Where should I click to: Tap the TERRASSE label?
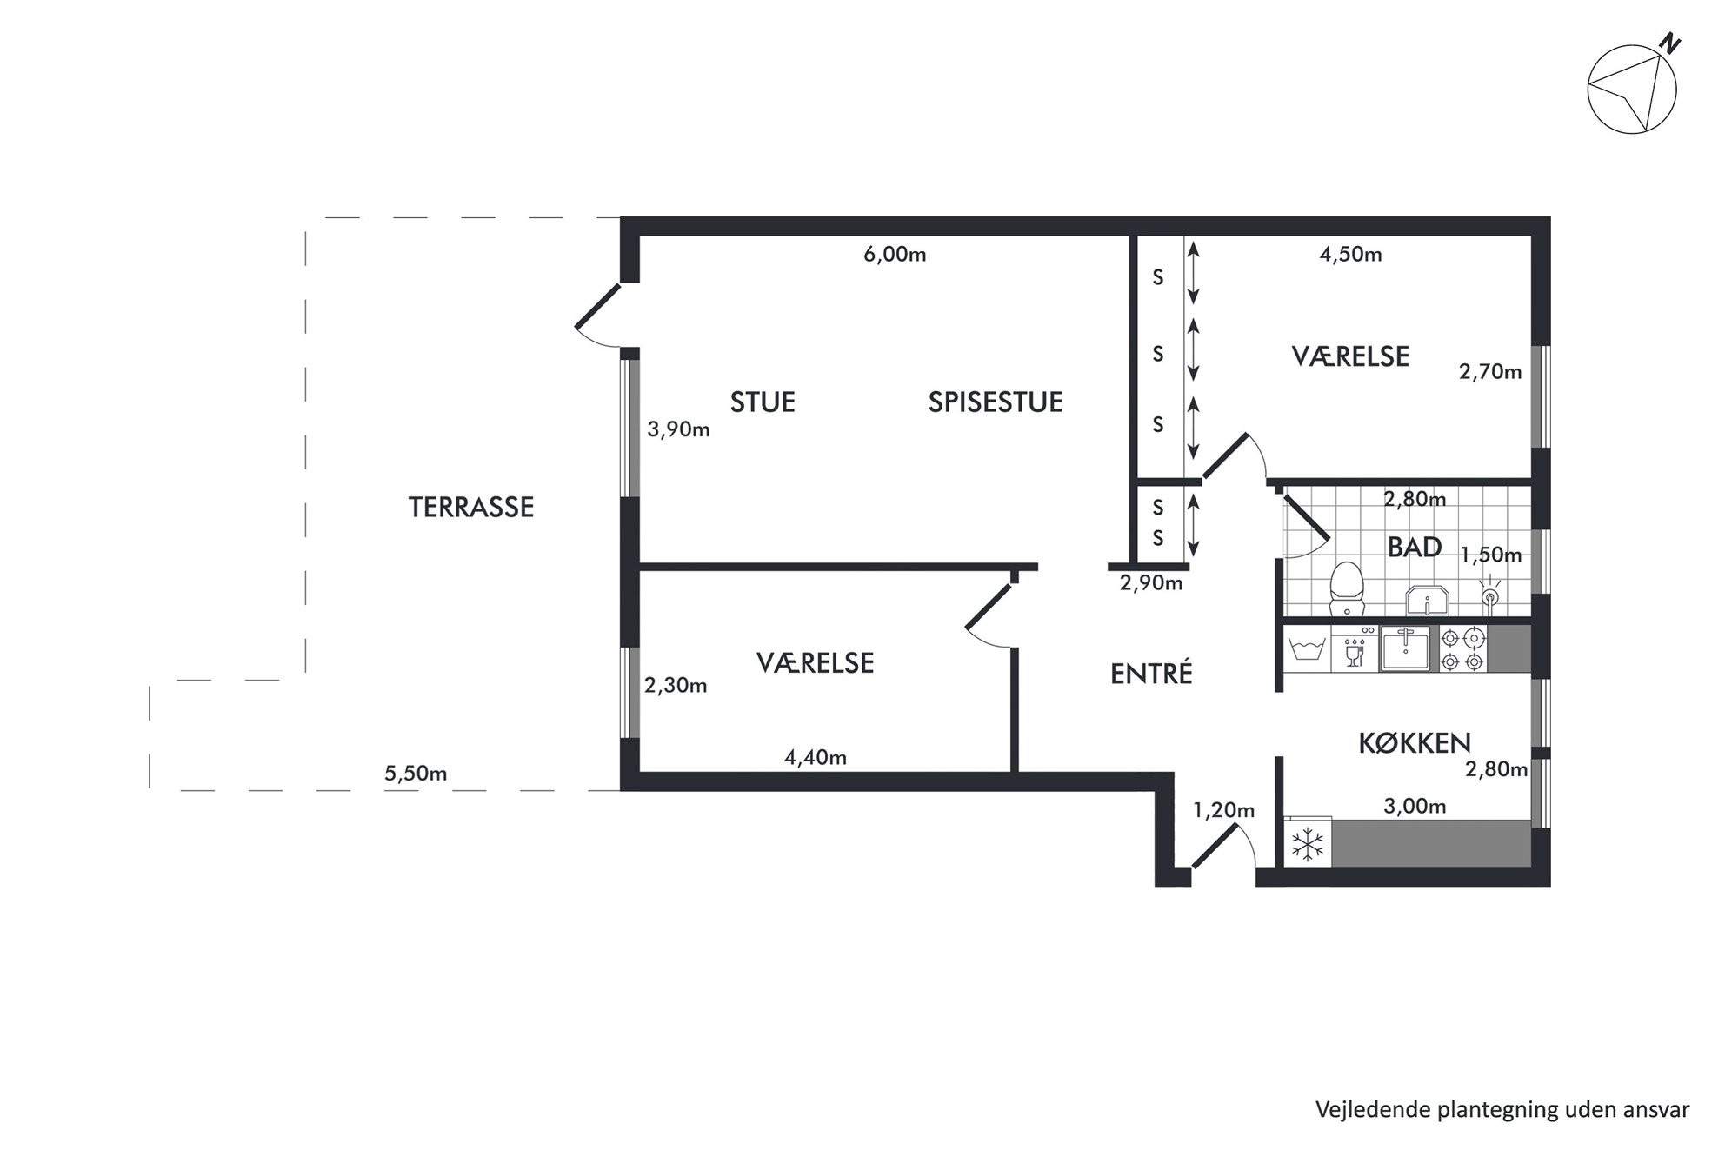point(471,507)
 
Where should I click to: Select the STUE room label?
point(763,402)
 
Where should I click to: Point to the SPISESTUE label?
point(996,402)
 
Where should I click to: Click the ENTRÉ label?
point(1151,674)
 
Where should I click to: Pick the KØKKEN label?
point(1415,742)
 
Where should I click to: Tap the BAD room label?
point(1415,547)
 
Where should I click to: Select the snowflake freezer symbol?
point(1308,842)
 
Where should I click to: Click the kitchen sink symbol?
point(1405,649)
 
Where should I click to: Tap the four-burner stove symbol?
point(1462,649)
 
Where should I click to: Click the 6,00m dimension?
point(895,255)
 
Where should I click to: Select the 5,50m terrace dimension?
point(416,774)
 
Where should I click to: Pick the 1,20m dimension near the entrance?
point(1223,811)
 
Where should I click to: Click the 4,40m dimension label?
point(816,758)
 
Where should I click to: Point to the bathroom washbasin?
point(1427,600)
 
